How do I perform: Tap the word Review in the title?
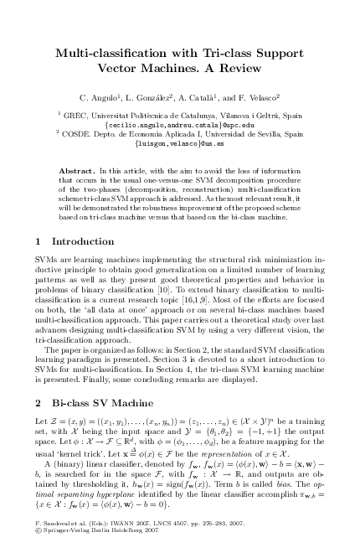(x=244, y=69)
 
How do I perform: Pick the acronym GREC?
(x=70, y=115)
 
